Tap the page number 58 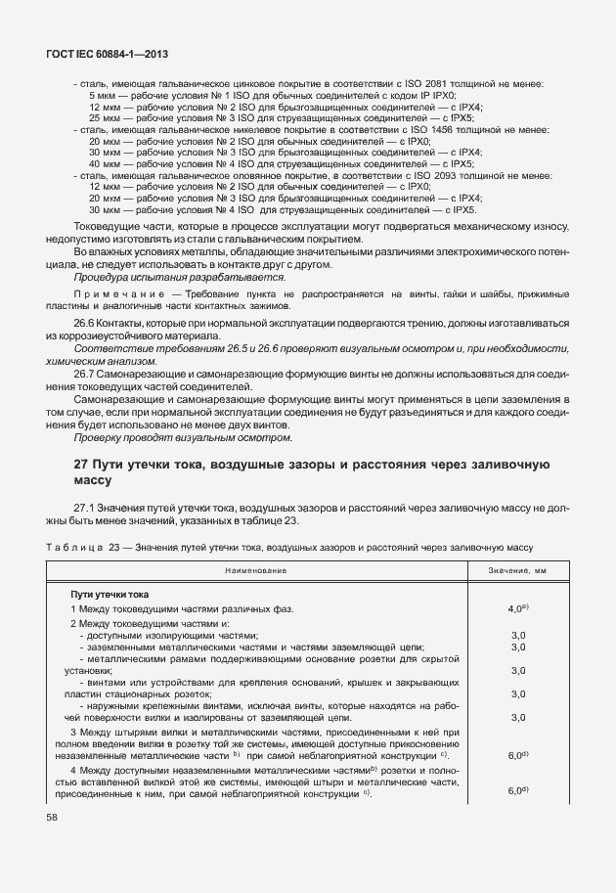(x=49, y=817)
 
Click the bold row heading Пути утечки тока (x=109, y=594)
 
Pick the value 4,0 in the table (x=514, y=609)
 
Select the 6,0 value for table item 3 (x=514, y=756)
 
